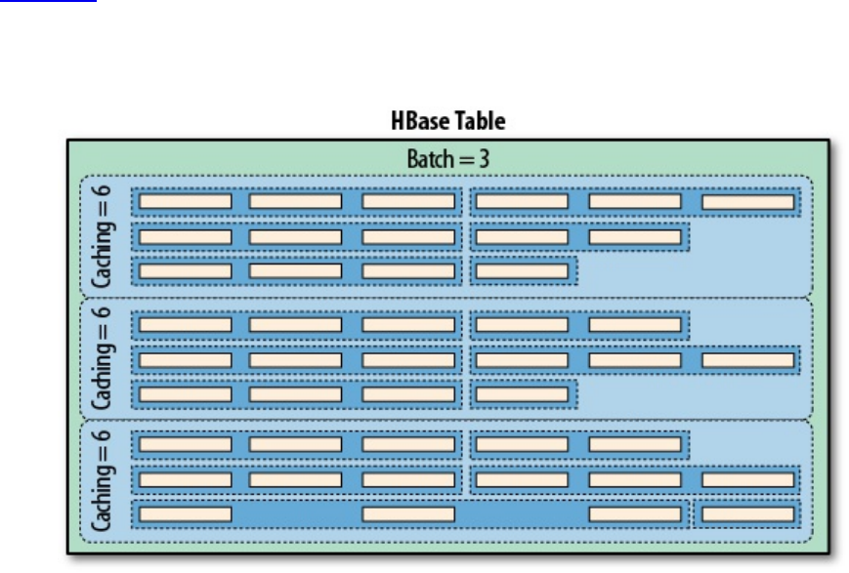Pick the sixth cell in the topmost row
pyautogui.click(x=747, y=202)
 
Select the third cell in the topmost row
pyautogui.click(x=408, y=202)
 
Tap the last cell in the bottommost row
pyautogui.click(x=747, y=513)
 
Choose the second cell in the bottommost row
pyautogui.click(x=408, y=513)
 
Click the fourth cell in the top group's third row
pyautogui.click(x=522, y=270)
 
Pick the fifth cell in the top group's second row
pyautogui.click(x=634, y=236)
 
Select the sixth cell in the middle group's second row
pyautogui.click(x=747, y=359)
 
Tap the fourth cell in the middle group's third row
pyautogui.click(x=522, y=393)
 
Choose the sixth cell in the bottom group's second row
pyautogui.click(x=747, y=479)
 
